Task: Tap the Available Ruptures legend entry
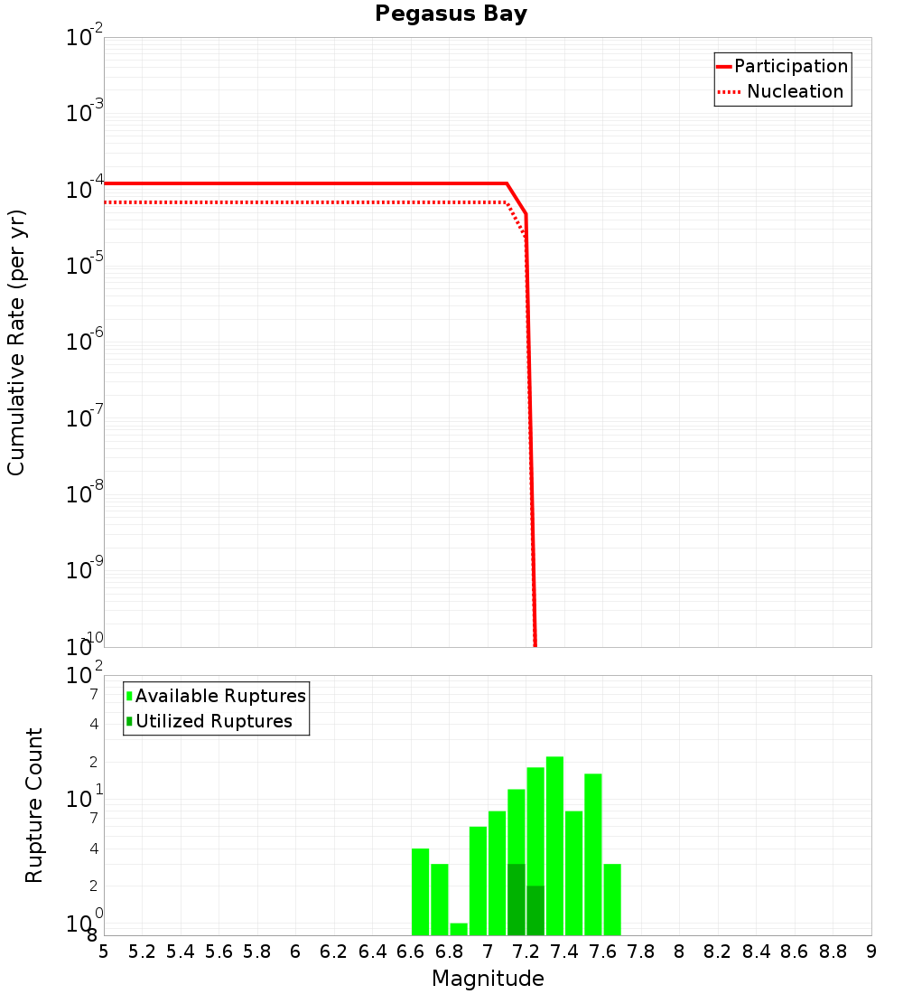pyautogui.click(x=219, y=696)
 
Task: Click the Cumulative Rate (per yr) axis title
pyautogui.click(x=16, y=342)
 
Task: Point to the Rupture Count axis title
pyautogui.click(x=34, y=805)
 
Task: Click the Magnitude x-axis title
pyautogui.click(x=488, y=979)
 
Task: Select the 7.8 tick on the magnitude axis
pyautogui.click(x=641, y=952)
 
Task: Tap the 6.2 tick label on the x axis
pyautogui.click(x=333, y=952)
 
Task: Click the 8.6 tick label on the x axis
pyautogui.click(x=795, y=952)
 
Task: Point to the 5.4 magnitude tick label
pyautogui.click(x=180, y=952)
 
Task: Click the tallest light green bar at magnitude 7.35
pyautogui.click(x=554, y=845)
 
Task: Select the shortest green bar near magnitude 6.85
pyautogui.click(x=459, y=929)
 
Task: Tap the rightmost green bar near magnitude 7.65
pyautogui.click(x=612, y=899)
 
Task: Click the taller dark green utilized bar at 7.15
pyautogui.click(x=517, y=899)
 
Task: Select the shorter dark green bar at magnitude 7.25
pyautogui.click(x=535, y=910)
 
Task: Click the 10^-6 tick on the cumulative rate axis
pyautogui.click(x=84, y=342)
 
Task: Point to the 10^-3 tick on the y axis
pyautogui.click(x=84, y=113)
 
